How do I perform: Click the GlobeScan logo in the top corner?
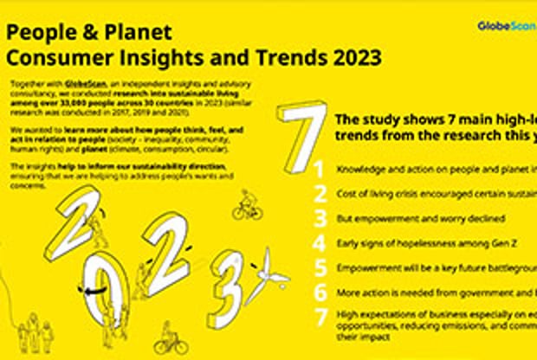coord(506,26)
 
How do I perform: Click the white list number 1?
coord(320,169)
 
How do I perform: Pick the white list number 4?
coord(320,243)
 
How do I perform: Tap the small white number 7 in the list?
coord(320,318)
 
